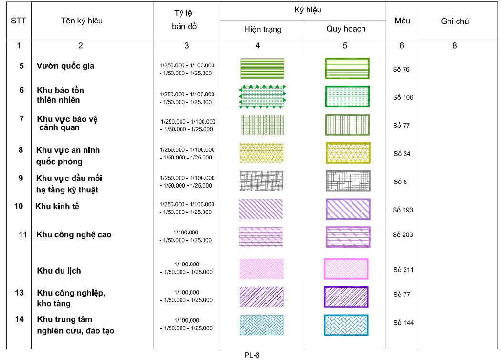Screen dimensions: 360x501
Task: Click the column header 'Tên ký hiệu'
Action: pyautogui.click(x=82, y=21)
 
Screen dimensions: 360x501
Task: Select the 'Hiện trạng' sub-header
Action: pyautogui.click(x=263, y=29)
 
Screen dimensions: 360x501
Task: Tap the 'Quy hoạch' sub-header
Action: pyautogui.click(x=346, y=29)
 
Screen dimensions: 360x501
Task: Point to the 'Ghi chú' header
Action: pyautogui.click(x=455, y=21)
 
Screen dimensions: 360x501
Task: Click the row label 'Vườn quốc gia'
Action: pyautogui.click(x=65, y=66)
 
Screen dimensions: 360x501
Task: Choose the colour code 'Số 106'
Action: pyautogui.click(x=403, y=97)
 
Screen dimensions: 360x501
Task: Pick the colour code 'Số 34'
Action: pyautogui.click(x=402, y=154)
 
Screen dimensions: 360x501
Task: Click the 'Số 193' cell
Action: pyautogui.click(x=403, y=210)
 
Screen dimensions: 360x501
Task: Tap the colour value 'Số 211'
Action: pyautogui.click(x=403, y=270)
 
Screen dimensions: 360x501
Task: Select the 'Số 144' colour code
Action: pyautogui.click(x=403, y=323)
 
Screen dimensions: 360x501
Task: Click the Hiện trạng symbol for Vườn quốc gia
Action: pyautogui.click(x=262, y=68)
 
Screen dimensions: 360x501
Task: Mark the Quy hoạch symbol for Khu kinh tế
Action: pyautogui.click(x=348, y=209)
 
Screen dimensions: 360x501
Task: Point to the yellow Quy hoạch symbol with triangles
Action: pyautogui.click(x=348, y=153)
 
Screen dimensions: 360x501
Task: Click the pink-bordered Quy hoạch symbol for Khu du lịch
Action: pyautogui.click(x=346, y=269)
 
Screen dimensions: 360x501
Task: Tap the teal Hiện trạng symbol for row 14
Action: pyautogui.click(x=262, y=325)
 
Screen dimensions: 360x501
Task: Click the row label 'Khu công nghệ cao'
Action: pyautogui.click(x=74, y=234)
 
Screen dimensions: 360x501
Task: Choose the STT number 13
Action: pyautogui.click(x=19, y=292)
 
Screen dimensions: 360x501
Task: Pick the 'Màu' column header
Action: pyautogui.click(x=402, y=21)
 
